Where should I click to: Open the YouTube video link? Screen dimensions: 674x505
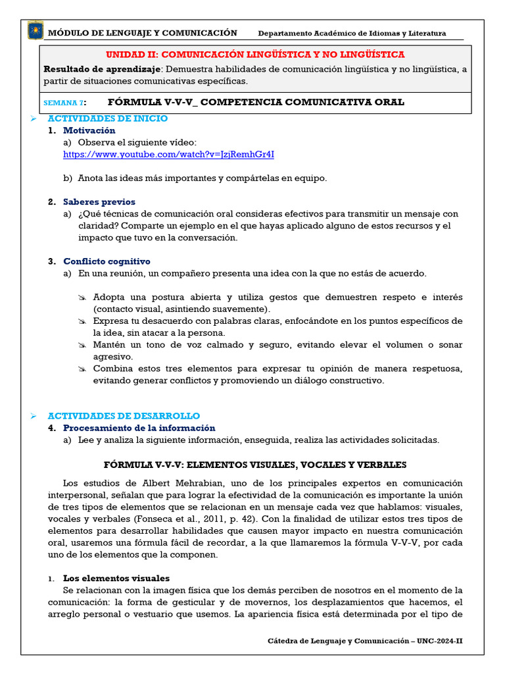pyautogui.click(x=168, y=154)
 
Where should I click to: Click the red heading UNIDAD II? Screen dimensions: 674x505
pyautogui.click(x=255, y=55)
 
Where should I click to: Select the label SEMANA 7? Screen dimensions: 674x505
pyautogui.click(x=64, y=103)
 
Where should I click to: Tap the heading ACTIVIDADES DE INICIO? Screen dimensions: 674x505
pyautogui.click(x=107, y=118)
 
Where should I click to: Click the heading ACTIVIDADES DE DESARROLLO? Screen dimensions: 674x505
pyautogui.click(x=124, y=416)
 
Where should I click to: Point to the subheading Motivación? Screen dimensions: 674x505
pyautogui.click(x=89, y=130)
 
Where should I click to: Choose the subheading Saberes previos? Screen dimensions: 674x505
pyautogui.click(x=99, y=202)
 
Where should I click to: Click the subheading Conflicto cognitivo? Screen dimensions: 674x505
pyautogui.click(x=107, y=261)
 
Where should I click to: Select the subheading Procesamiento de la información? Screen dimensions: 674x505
pyautogui.click(x=139, y=428)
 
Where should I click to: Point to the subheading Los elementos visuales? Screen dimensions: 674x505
pyautogui.click(x=116, y=578)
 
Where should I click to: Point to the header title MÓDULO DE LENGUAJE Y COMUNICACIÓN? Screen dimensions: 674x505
pyautogui.click(x=143, y=32)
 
